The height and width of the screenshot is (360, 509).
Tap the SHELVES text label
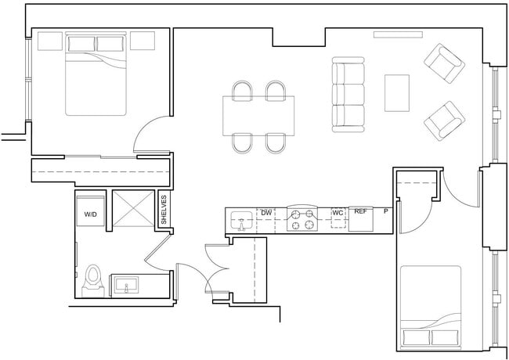tap(164, 210)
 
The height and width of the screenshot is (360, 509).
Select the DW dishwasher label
tap(266, 212)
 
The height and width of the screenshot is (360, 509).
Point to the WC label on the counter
tap(338, 212)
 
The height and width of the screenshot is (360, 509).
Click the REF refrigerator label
tap(361, 212)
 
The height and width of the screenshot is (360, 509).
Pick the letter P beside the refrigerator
tap(385, 212)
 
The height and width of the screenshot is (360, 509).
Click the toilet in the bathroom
tap(93, 277)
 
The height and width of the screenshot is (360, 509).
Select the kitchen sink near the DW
tap(242, 221)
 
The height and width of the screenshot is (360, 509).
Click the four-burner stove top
tap(303, 219)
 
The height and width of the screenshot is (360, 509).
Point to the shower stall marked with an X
tap(133, 209)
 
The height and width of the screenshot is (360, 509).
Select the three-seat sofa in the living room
tap(348, 93)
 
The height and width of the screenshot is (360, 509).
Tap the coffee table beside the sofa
tap(397, 93)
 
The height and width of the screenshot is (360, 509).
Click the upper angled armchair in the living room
tap(444, 63)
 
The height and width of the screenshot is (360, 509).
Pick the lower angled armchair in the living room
tap(444, 121)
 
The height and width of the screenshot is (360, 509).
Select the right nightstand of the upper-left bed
tap(142, 41)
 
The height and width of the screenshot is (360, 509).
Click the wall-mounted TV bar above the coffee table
tap(398, 34)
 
